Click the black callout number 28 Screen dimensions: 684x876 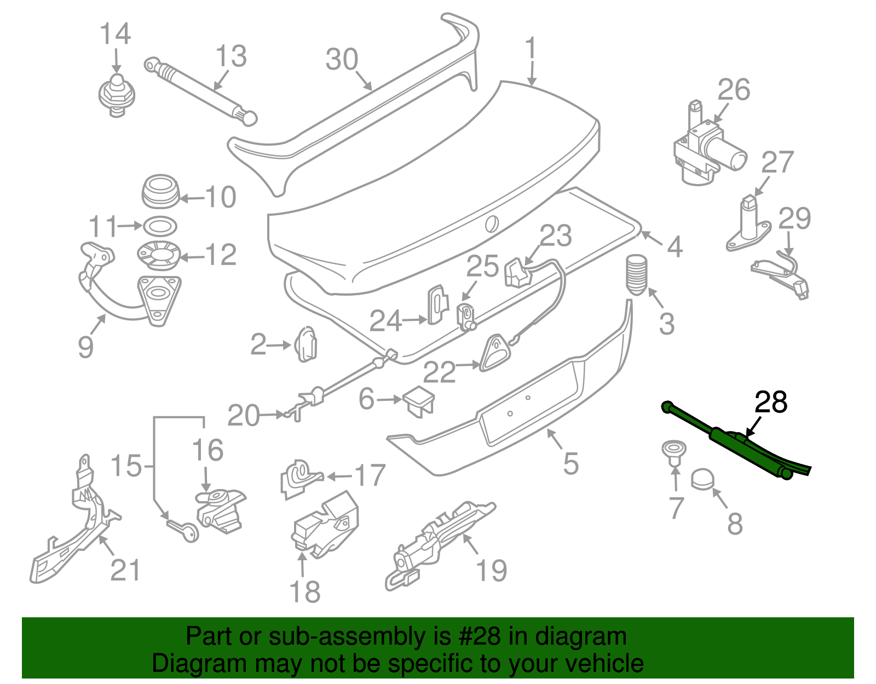(x=771, y=403)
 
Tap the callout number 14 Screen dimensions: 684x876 (x=115, y=34)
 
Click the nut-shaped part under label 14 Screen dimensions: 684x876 (x=116, y=96)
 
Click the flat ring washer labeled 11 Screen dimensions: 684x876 (x=160, y=226)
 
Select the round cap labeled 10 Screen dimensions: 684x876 (x=160, y=192)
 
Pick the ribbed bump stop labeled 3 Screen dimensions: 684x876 (x=636, y=275)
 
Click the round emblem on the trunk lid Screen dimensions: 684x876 (x=492, y=223)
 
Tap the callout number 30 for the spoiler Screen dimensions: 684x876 (x=342, y=59)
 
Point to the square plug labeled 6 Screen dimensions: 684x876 (x=419, y=400)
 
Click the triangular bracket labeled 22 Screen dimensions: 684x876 (x=495, y=352)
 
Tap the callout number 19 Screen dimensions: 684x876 (x=491, y=571)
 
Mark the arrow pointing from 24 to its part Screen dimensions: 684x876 (x=414, y=319)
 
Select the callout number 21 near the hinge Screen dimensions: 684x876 (x=125, y=570)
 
